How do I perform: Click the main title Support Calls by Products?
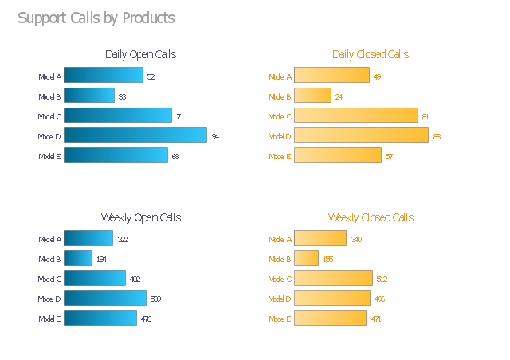96,18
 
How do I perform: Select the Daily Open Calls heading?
140,54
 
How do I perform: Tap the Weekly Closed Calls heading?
371,217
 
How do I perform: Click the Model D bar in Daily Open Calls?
135,135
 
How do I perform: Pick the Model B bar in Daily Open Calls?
89,96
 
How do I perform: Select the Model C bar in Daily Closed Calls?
356,115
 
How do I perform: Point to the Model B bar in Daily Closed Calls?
312,96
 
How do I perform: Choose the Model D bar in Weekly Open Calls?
105,298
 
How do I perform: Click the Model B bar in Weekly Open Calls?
78,258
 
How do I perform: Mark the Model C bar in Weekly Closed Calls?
333,278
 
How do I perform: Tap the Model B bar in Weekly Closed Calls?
307,258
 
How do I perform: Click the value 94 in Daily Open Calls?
215,136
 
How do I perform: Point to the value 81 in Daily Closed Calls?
426,116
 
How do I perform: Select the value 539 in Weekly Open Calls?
155,299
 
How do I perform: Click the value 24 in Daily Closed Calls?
339,96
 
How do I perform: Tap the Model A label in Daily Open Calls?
49,76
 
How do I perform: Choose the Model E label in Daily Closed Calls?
280,156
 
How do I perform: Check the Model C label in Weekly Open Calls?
49,279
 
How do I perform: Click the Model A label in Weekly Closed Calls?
280,239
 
